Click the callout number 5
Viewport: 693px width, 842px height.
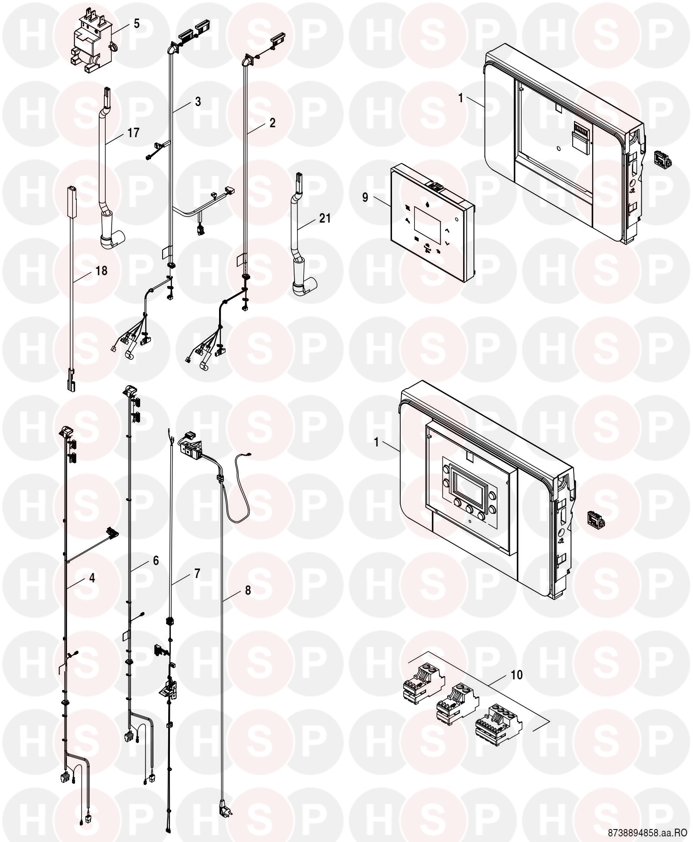[136, 24]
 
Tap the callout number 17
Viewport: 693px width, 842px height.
[134, 133]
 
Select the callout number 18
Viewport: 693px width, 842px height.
[101, 271]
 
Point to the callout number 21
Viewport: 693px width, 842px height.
[325, 218]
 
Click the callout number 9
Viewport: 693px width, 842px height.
[365, 198]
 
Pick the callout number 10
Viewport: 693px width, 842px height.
[516, 675]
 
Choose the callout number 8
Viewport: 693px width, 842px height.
[248, 591]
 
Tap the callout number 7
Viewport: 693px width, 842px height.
[197, 574]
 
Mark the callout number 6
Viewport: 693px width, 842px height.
[156, 560]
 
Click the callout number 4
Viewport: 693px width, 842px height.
[92, 578]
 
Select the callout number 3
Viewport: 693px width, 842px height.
[198, 102]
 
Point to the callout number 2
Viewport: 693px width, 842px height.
[272, 123]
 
